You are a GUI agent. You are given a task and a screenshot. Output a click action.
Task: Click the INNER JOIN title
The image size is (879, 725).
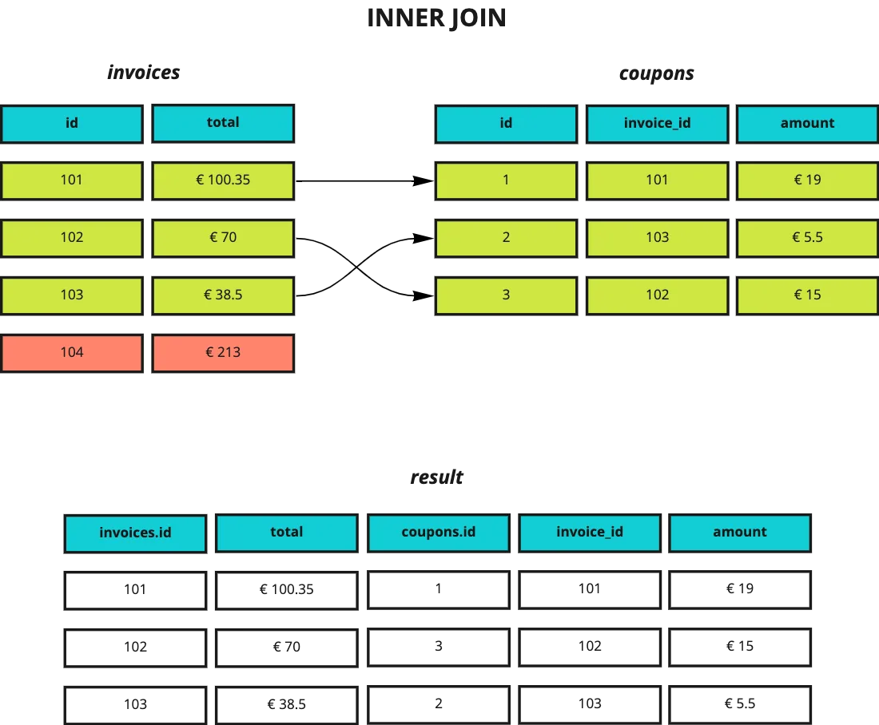[x=436, y=18]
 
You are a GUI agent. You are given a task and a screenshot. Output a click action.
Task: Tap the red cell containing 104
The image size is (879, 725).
[x=72, y=353]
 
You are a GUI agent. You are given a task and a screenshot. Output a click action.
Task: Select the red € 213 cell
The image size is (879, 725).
[x=223, y=353]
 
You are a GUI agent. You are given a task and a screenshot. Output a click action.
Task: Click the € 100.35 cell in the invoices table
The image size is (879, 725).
[x=223, y=180]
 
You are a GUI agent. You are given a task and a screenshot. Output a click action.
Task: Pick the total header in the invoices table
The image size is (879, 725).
[x=223, y=123]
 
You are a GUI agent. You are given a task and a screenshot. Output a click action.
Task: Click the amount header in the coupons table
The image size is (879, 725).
[x=807, y=123]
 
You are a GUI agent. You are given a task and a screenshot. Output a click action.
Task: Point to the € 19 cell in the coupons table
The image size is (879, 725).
[x=807, y=180]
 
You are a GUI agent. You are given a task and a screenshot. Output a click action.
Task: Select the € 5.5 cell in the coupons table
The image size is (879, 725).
[x=807, y=238]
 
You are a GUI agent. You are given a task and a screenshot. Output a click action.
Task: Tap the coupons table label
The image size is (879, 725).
[x=656, y=73]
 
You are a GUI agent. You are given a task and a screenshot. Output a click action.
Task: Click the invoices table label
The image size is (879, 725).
[x=144, y=73]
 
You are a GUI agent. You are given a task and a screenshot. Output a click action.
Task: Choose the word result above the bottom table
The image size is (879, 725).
[x=436, y=477]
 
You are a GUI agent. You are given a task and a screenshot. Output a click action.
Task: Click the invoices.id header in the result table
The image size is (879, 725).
[x=135, y=533]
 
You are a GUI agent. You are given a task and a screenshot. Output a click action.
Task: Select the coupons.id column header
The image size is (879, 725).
[x=439, y=533]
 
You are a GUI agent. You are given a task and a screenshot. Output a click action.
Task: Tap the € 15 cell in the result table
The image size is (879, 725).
[x=740, y=647]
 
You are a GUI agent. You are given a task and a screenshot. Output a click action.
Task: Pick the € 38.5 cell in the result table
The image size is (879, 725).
[x=286, y=705]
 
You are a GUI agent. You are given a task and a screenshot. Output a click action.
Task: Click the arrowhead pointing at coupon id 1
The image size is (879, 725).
[x=423, y=181]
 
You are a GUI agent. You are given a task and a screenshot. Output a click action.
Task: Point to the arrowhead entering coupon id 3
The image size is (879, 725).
[x=423, y=295]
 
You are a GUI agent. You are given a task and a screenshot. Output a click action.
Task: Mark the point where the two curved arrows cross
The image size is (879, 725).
[x=356, y=267]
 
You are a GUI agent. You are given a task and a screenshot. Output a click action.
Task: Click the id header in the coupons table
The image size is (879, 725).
[x=506, y=123]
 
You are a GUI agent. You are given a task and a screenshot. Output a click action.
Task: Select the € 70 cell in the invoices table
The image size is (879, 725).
[x=223, y=238]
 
